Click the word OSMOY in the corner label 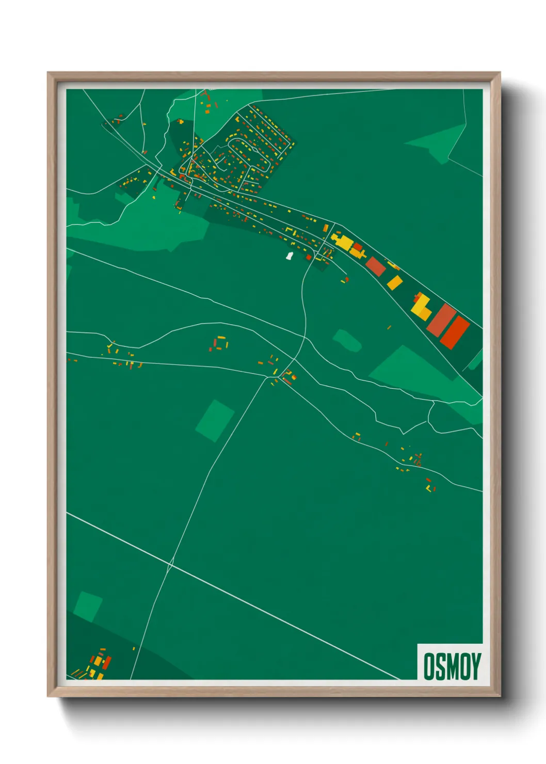pos(452,666)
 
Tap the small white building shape pos(290,256)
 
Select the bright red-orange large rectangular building pos(455,331)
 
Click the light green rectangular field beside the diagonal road pos(215,420)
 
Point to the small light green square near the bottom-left pos(88,607)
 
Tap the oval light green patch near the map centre pos(347,340)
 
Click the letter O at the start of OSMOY pos(429,666)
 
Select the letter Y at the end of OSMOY pos(475,666)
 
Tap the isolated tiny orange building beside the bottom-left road pos(134,648)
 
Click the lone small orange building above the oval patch pos(389,327)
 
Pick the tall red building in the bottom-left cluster pos(107,663)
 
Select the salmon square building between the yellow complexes pos(376,266)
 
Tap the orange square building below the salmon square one pos(395,282)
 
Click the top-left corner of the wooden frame pos(48,73)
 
